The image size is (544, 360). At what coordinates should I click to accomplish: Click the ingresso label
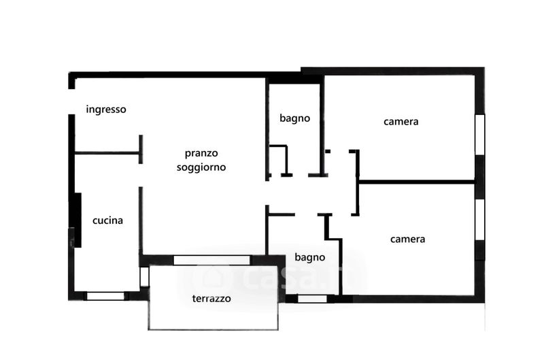click(106, 109)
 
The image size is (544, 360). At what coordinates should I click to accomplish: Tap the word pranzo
click(201, 153)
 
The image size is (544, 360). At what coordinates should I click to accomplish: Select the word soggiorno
click(201, 167)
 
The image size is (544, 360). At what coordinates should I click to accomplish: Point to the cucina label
click(107, 220)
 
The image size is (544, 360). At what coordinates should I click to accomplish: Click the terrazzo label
click(211, 298)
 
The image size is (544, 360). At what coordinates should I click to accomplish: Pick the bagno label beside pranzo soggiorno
click(294, 118)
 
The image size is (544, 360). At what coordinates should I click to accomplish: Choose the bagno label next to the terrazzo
click(309, 258)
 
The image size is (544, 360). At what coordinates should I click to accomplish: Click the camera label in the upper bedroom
click(401, 122)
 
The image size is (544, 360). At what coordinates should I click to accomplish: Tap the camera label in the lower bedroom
click(407, 239)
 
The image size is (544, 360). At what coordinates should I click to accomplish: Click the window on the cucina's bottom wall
click(106, 296)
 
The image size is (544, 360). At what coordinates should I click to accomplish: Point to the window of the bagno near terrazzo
click(312, 298)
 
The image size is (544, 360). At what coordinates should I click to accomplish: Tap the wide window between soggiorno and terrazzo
click(211, 260)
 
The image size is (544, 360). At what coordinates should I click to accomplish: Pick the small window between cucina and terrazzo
click(144, 277)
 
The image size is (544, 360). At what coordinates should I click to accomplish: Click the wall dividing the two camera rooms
click(416, 182)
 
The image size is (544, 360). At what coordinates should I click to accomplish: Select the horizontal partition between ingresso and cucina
click(107, 153)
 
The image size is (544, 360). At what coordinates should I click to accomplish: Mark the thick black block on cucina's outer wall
click(78, 220)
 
